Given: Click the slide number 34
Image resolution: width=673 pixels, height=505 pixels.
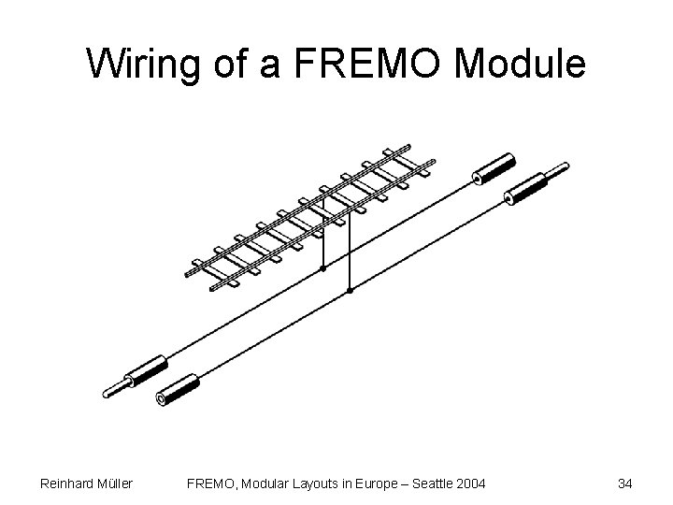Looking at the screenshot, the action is click(625, 483).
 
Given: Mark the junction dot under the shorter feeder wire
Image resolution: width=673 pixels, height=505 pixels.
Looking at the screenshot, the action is click(323, 267).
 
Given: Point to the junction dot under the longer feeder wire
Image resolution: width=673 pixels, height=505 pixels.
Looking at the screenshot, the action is click(350, 291).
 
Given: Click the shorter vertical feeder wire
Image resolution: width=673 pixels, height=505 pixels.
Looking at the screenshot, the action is click(323, 238).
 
